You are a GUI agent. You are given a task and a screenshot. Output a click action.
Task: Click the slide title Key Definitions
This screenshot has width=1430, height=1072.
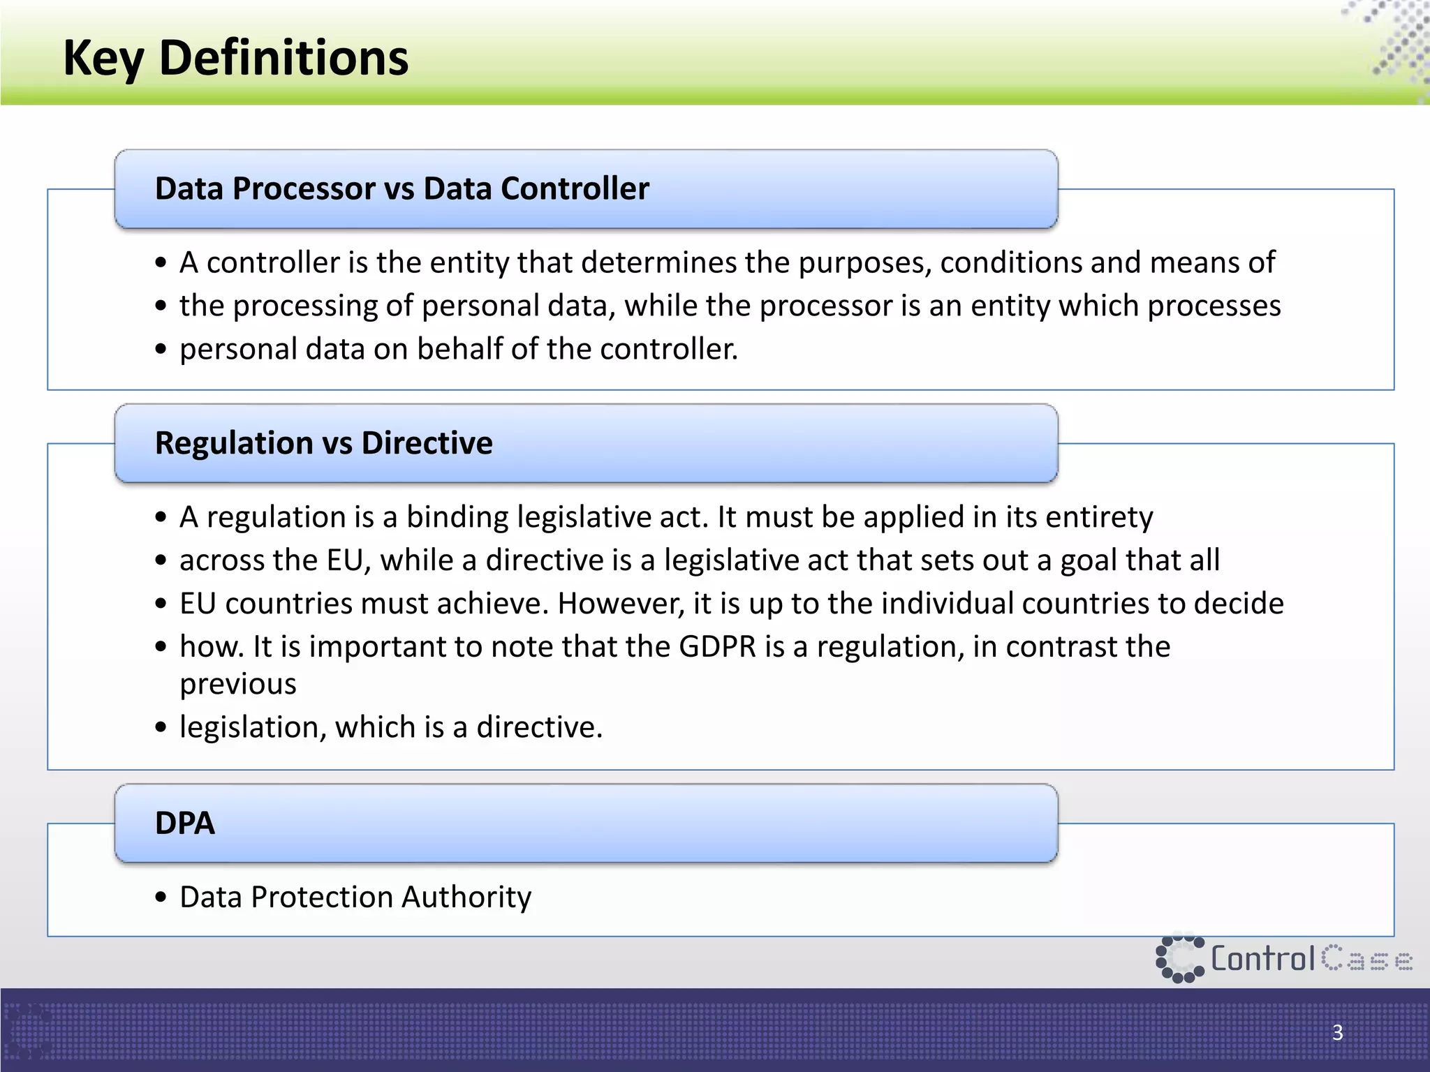[235, 58]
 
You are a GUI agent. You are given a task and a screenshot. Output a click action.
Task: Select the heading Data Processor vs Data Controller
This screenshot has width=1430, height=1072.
[401, 188]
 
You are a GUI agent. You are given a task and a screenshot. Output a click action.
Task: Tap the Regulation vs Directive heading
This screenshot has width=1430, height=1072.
[323, 443]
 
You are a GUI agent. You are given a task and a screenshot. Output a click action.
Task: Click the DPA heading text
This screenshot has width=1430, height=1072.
[184, 823]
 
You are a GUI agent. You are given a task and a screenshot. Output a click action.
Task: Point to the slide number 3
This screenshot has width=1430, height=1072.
[1337, 1032]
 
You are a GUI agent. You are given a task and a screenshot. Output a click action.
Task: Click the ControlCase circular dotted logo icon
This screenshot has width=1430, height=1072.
[1179, 959]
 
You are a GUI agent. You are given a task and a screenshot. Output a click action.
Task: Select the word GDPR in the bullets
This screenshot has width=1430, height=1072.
[717, 647]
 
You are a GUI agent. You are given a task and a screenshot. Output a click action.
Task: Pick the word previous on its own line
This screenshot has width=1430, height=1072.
[238, 684]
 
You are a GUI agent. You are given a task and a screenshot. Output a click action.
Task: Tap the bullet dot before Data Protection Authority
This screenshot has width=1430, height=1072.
[161, 898]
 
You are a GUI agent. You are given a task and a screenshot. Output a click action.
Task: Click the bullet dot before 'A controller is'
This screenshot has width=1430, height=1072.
[161, 263]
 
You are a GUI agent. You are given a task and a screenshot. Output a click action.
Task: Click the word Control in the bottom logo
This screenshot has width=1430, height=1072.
[1262, 959]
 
